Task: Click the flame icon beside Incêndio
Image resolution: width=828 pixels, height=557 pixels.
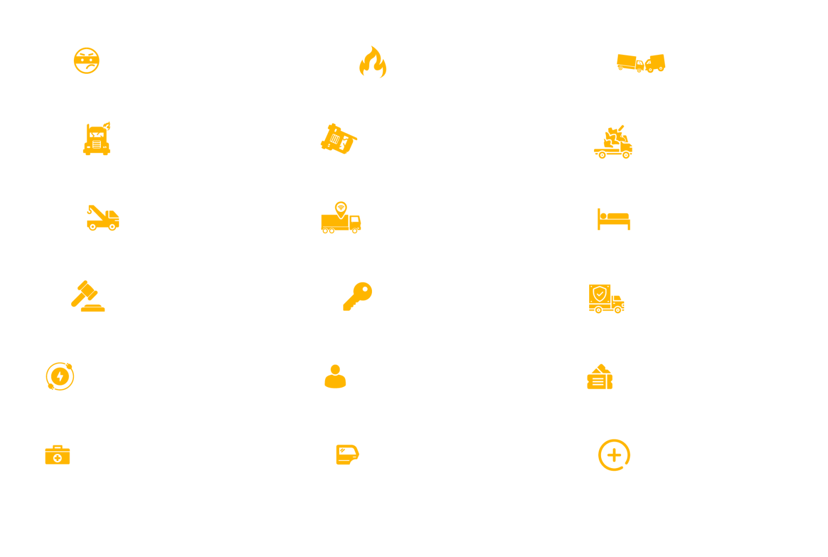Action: coord(373,62)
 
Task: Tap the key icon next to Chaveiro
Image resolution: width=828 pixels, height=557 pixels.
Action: coord(357,297)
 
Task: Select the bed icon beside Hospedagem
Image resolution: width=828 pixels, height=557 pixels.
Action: coord(613,219)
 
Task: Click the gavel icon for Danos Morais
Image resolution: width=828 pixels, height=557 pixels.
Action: coord(87,296)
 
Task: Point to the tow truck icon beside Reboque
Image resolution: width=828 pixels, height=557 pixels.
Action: coord(102,218)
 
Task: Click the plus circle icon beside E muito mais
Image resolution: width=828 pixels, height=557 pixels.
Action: coord(614,455)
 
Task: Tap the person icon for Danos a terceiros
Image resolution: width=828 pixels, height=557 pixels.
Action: coord(335,376)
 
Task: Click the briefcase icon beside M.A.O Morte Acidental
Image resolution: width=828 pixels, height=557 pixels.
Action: coord(58,455)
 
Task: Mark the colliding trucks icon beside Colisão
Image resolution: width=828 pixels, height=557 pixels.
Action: coord(641,63)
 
